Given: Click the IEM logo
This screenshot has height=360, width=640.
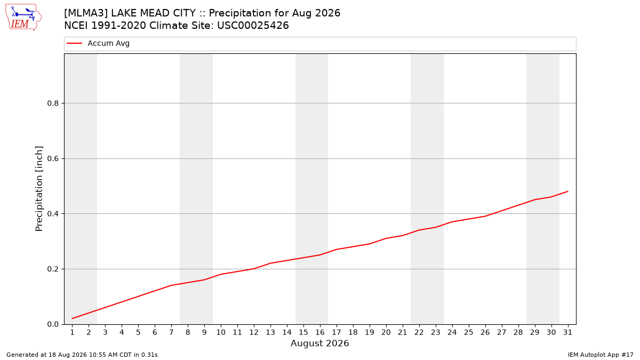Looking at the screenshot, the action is (23, 18).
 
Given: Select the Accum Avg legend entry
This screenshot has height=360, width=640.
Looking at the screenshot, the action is (98, 43).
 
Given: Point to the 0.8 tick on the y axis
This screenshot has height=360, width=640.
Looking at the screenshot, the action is (53, 103).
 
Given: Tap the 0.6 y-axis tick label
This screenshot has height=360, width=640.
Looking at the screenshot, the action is (53, 158).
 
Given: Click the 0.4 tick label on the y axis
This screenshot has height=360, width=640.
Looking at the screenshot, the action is (53, 214).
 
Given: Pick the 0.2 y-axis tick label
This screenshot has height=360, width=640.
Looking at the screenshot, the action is (53, 269).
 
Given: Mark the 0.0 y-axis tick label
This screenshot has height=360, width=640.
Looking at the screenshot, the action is (53, 325).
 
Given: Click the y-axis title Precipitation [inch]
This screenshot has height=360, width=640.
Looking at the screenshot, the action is (39, 189).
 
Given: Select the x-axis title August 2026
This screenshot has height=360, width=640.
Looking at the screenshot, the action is (319, 343).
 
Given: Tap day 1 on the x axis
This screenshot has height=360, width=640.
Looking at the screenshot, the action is (73, 332).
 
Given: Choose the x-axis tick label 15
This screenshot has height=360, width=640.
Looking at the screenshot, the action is (303, 332).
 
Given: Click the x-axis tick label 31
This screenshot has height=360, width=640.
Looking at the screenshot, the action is (567, 332).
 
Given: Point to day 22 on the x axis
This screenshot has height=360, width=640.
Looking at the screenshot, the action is (419, 332).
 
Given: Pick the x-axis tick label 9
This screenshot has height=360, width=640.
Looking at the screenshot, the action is (204, 332).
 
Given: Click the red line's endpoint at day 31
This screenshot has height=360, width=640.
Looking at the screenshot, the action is (567, 191).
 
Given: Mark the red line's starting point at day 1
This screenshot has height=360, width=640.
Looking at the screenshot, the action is (73, 318).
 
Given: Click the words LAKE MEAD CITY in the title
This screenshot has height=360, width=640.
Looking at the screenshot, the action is (153, 13).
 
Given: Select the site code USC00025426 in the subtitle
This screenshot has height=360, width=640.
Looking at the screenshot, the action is (253, 26).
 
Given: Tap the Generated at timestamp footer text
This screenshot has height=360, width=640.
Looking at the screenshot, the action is (82, 355).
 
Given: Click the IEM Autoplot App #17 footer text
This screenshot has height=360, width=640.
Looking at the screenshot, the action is (601, 355).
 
